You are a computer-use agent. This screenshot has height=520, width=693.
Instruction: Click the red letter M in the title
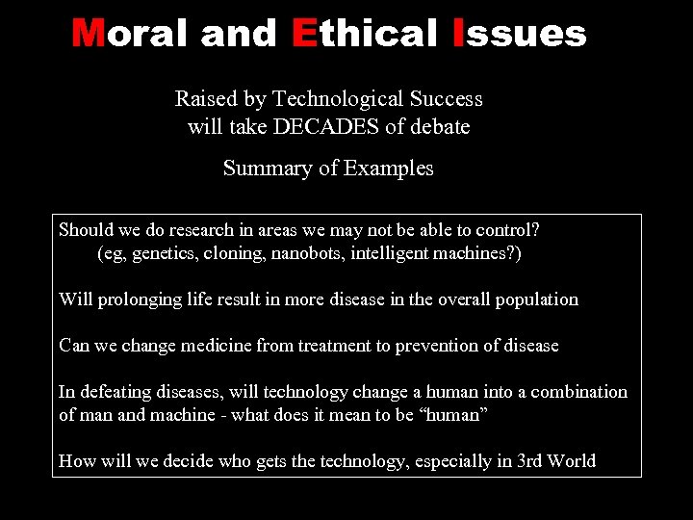pyautogui.click(x=89, y=35)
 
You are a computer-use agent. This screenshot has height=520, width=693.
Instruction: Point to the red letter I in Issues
pyautogui.click(x=457, y=35)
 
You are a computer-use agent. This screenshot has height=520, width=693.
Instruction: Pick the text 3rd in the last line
pyautogui.click(x=530, y=461)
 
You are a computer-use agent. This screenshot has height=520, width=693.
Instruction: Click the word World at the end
pyautogui.click(x=572, y=461)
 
